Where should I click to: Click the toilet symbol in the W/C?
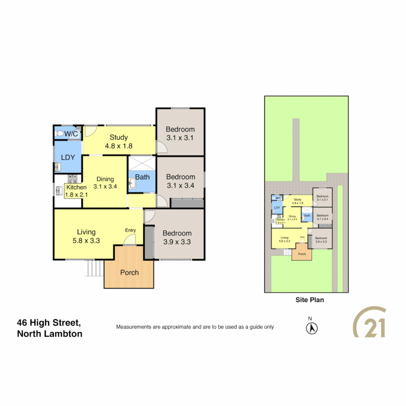[x=59, y=133]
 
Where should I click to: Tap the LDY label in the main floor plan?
[x=68, y=158]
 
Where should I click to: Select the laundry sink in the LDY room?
[x=58, y=167]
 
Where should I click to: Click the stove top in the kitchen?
[x=72, y=178]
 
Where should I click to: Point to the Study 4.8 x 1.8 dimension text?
[x=119, y=146]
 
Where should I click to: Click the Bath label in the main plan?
[x=142, y=177]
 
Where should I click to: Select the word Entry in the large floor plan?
[x=130, y=230]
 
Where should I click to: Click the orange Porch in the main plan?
[x=129, y=272]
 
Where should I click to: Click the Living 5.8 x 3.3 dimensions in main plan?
[x=86, y=241]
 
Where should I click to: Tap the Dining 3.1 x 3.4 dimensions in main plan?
[x=105, y=186]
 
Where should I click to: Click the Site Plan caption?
[x=309, y=300]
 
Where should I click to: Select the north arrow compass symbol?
[x=311, y=328]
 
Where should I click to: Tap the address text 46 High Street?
[x=49, y=322]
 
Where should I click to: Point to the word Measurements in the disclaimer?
[x=133, y=327]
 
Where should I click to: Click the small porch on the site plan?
[x=302, y=254]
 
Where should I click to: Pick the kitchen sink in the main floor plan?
[x=59, y=191]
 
